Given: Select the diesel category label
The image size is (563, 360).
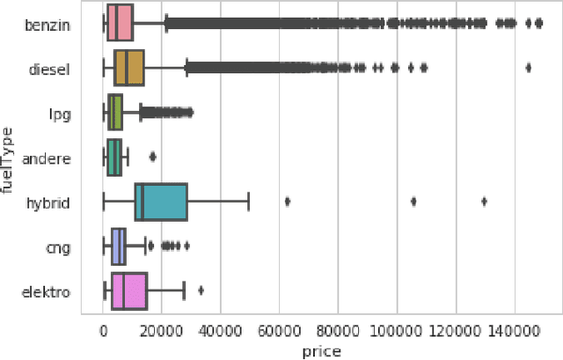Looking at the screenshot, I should (51, 68).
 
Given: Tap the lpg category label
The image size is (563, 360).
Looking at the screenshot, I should (60, 113).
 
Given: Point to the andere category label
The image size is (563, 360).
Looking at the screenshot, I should (48, 158).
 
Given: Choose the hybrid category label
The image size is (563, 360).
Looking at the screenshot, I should (50, 202).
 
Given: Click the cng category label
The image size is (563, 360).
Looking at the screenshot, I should (58, 247).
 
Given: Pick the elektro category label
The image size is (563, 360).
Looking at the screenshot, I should (48, 291).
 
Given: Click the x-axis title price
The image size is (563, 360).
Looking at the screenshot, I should (320, 349).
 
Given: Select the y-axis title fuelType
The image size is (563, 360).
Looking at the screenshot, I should (10, 158).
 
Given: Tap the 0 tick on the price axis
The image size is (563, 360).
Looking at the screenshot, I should (104, 330).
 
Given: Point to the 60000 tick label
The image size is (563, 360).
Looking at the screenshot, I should (279, 330).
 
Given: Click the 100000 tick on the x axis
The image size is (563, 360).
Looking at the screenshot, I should (397, 330).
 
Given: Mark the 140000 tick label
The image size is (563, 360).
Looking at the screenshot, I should (514, 330).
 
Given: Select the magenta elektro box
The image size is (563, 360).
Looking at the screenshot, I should (128, 291).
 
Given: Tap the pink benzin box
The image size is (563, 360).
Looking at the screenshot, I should (120, 24).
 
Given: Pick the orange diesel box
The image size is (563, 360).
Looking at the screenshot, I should (128, 68).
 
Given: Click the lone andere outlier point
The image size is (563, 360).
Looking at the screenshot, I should (152, 158).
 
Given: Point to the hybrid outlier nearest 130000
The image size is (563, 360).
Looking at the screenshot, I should (484, 202).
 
